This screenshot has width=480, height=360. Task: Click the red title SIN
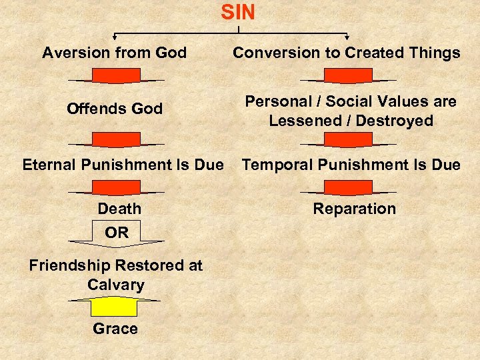[x=238, y=12]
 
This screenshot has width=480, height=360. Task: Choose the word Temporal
[x=273, y=164]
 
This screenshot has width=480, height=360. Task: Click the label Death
[x=119, y=209]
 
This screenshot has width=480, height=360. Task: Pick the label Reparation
[x=354, y=209]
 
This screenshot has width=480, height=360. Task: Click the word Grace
[x=115, y=329]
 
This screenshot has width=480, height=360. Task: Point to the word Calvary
[x=115, y=285]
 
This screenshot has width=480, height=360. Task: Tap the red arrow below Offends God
[x=115, y=139]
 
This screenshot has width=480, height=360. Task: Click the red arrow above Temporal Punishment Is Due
[x=348, y=139]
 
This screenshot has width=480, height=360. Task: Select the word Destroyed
[x=398, y=121]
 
